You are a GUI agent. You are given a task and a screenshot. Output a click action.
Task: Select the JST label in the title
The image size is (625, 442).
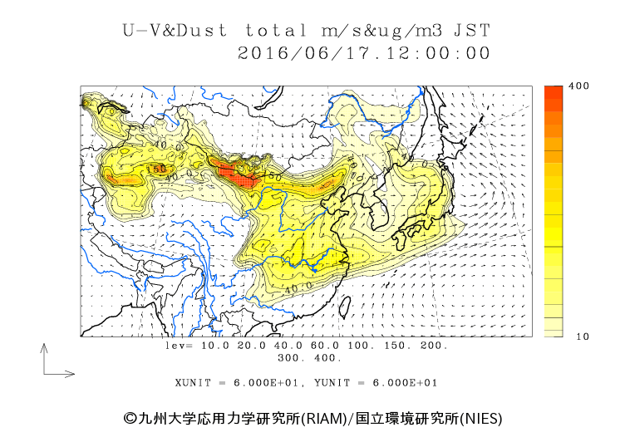pyautogui.click(x=471, y=31)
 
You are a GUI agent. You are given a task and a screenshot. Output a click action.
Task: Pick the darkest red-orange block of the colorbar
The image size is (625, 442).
pyautogui.click(x=554, y=94)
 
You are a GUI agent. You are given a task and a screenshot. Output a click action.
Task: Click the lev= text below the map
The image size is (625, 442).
pyautogui.click(x=179, y=345)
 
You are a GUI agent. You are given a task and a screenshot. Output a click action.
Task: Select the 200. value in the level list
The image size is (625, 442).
pyautogui.click(x=431, y=345)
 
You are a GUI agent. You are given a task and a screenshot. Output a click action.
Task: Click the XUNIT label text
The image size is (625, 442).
pyautogui.click(x=194, y=383)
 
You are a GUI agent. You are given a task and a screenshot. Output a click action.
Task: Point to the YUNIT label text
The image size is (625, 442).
pyautogui.click(x=333, y=383)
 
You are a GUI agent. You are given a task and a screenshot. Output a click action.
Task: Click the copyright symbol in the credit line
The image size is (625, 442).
pyautogui.click(x=130, y=418)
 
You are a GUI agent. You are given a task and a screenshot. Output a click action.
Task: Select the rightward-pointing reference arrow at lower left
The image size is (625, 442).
pyautogui.click(x=62, y=374)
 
